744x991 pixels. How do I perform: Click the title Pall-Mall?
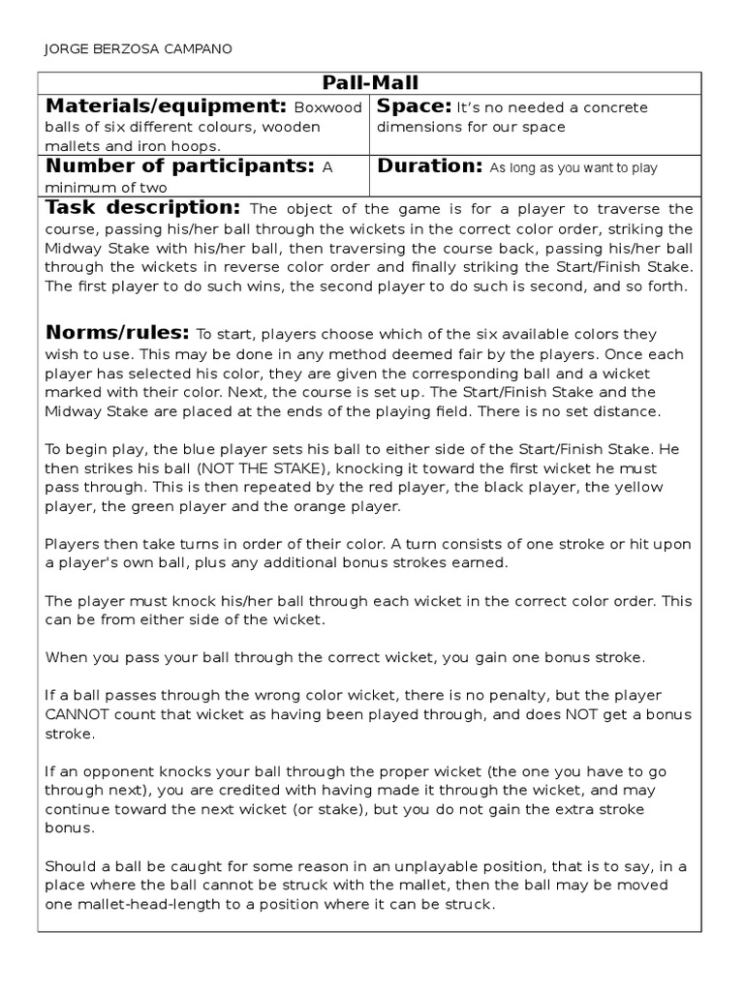point(370,83)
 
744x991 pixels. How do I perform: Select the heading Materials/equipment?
point(165,106)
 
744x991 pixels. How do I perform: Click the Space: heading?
point(414,106)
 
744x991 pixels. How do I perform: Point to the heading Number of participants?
point(180,166)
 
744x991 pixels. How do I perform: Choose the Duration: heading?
point(430,166)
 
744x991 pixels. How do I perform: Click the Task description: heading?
point(142,208)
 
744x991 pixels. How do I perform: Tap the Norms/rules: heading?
point(117,333)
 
